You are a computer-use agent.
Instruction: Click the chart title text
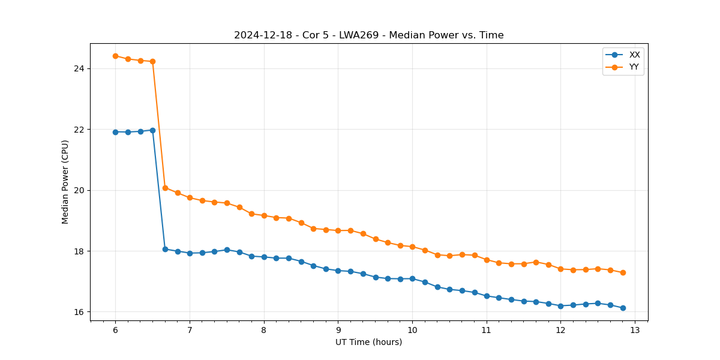[368, 35]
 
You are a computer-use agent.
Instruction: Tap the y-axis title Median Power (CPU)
[65, 182]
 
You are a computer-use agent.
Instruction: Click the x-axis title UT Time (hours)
[368, 342]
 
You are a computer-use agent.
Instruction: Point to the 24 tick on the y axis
[79, 68]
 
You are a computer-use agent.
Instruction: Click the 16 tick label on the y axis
[79, 312]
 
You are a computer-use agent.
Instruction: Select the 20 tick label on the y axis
[79, 190]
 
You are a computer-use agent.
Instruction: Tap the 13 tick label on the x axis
[635, 331]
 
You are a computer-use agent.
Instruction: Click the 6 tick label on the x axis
[115, 331]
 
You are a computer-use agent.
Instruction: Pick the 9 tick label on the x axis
[338, 331]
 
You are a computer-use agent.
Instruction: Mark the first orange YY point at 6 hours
[115, 56]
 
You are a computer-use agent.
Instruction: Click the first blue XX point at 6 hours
[115, 132]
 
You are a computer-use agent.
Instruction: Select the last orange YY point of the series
[623, 272]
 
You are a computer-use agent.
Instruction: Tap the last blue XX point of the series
[623, 308]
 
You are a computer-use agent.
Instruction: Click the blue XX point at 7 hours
[190, 253]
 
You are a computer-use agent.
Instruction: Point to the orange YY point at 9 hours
[338, 230]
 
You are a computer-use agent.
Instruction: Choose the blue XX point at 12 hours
[560, 306]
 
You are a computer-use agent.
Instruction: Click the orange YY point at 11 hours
[487, 260]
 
